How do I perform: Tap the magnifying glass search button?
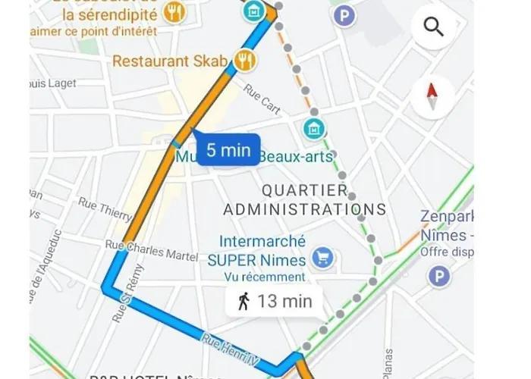tap(433, 28)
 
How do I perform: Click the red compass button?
tap(432, 97)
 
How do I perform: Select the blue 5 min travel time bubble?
tap(228, 150)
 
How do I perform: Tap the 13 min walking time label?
tap(274, 301)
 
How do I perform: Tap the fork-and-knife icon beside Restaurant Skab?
tap(244, 61)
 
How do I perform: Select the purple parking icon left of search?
tap(346, 14)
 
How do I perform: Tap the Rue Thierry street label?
tap(105, 210)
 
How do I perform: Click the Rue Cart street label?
tap(262, 99)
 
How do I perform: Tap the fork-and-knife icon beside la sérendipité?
tap(176, 11)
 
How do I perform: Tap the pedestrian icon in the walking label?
tap(244, 301)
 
